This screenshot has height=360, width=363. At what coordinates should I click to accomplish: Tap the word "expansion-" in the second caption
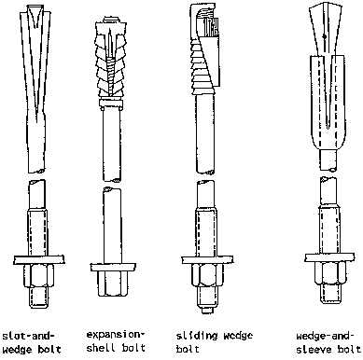pyautogui.click(x=116, y=335)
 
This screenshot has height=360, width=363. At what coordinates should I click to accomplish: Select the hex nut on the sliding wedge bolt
pyautogui.click(x=206, y=275)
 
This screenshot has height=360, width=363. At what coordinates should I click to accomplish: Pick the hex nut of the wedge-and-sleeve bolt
pyautogui.click(x=329, y=273)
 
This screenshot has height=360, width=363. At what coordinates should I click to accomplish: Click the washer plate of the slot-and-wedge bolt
pyautogui.click(x=39, y=259)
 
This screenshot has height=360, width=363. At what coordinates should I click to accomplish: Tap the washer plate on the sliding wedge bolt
pyautogui.click(x=207, y=259)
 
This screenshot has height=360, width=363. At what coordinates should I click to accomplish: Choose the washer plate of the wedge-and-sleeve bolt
pyautogui.click(x=329, y=257)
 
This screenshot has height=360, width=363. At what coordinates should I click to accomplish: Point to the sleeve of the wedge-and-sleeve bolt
pyautogui.click(x=328, y=103)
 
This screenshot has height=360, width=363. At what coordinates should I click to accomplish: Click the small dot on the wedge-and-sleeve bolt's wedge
pyautogui.click(x=324, y=36)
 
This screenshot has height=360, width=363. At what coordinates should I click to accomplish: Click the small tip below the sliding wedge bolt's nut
pyautogui.click(x=206, y=311)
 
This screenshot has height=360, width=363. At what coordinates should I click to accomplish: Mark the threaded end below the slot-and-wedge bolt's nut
pyautogui.click(x=38, y=298)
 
